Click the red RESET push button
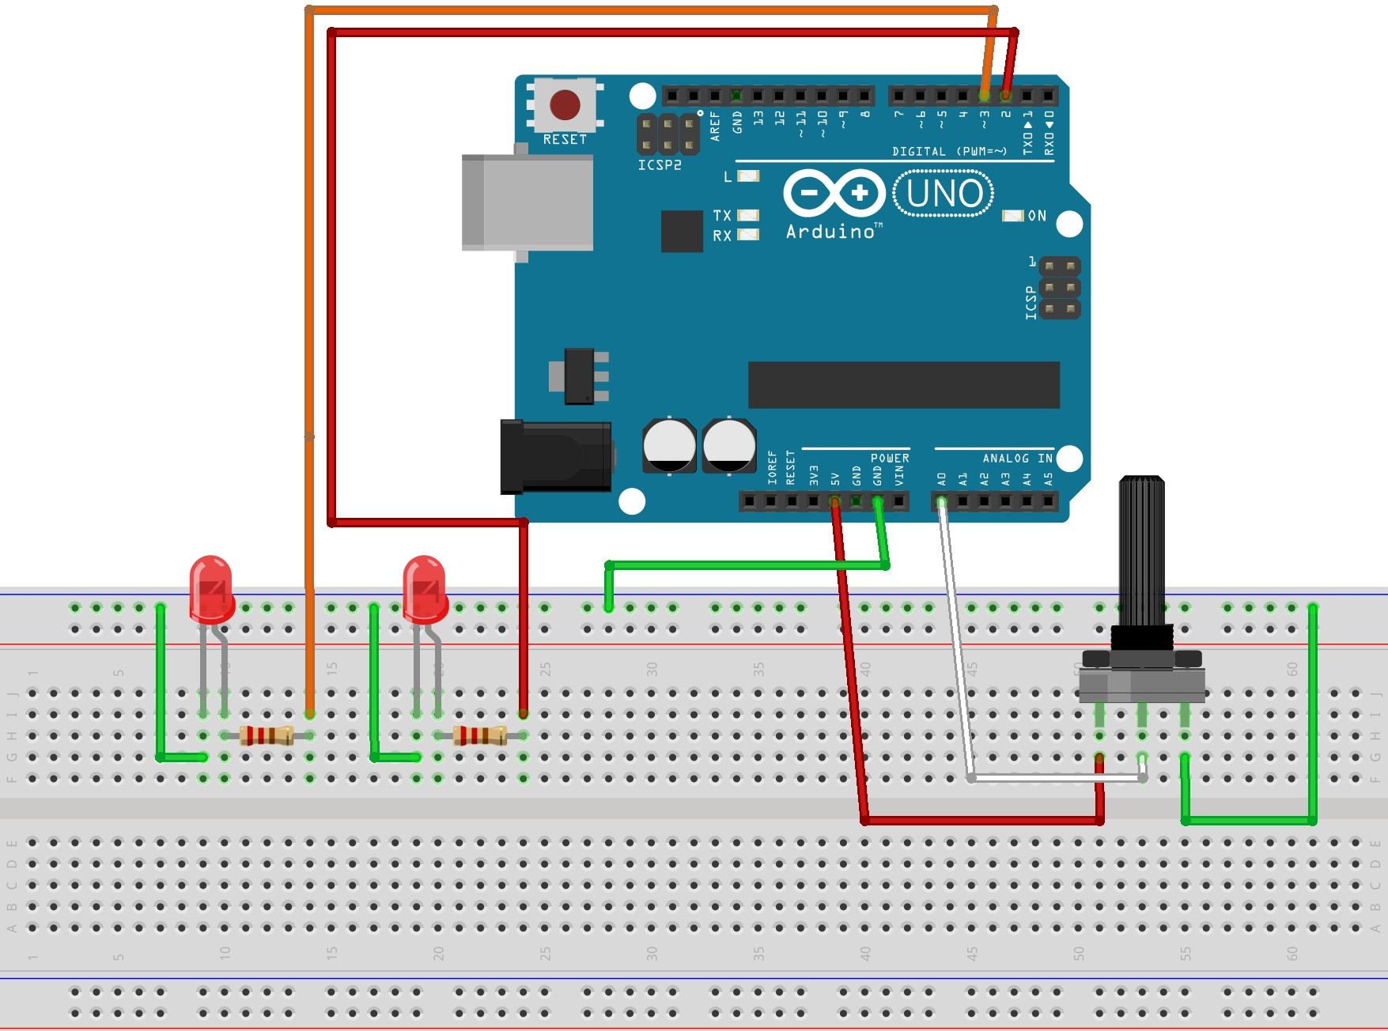coord(565,104)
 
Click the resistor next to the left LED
coord(267,736)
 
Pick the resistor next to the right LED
coord(480,736)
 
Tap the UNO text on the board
coord(944,194)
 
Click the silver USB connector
coord(528,203)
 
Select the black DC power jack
coord(556,457)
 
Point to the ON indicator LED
coord(1012,216)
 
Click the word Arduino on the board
coord(830,232)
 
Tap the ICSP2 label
coord(660,165)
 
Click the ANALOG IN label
coord(1017,459)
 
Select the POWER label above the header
coord(890,459)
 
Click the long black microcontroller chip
coord(903,385)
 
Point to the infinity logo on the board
coord(834,193)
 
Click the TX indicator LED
coord(748,215)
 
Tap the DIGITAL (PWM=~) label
coord(949,151)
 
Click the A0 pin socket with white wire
coord(941,501)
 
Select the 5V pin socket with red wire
coord(834,501)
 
